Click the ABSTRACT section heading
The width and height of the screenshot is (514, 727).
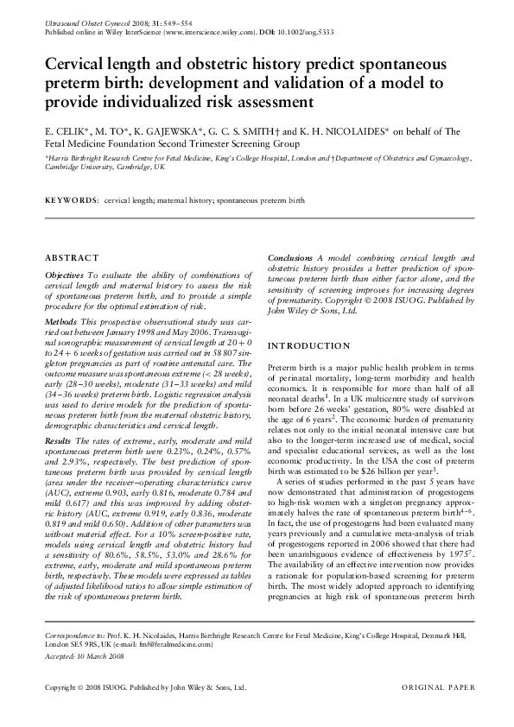[x=67, y=258]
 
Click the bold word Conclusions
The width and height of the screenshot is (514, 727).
[x=290, y=258]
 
